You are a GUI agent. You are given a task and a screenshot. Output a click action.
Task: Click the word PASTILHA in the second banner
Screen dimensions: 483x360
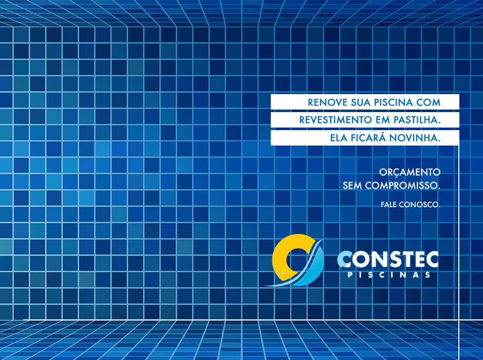point(417,120)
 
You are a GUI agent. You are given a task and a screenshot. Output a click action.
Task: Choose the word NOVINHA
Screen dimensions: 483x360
point(415,138)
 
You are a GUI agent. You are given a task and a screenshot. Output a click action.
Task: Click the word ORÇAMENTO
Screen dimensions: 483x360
point(410,172)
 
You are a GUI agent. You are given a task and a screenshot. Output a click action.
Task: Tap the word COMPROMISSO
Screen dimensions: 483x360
point(403,186)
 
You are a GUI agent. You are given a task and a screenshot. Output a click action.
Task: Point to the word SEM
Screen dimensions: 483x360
point(352,186)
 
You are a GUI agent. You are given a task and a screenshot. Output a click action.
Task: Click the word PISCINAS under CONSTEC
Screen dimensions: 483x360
point(389,275)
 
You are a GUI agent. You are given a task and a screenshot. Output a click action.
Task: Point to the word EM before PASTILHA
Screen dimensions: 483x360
point(383,120)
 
